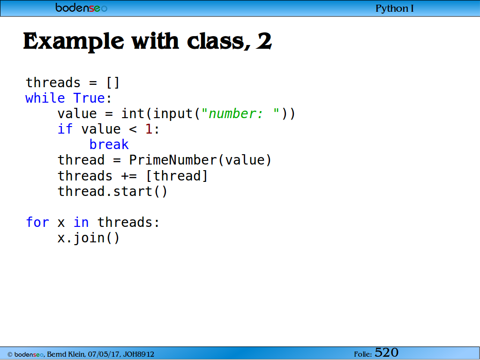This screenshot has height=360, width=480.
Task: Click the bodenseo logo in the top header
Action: click(x=82, y=7)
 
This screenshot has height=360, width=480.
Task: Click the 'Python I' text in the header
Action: click(x=395, y=8)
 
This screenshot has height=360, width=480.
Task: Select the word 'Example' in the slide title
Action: click(x=74, y=42)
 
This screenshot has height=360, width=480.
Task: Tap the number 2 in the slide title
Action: click(x=263, y=41)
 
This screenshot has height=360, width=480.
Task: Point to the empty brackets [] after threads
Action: click(x=112, y=82)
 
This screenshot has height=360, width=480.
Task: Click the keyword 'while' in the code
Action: click(x=45, y=98)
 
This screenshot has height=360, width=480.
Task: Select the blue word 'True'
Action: click(x=89, y=98)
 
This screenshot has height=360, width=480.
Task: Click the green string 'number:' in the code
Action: click(x=235, y=113)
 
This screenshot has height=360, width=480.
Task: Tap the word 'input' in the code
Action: click(x=172, y=113)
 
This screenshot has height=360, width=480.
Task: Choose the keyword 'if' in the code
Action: click(x=65, y=129)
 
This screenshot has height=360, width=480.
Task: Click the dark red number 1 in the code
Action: click(x=149, y=129)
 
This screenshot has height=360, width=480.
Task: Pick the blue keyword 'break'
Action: click(x=109, y=144)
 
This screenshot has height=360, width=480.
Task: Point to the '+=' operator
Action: click(x=129, y=176)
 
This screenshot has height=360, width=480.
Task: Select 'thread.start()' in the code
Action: click(x=112, y=191)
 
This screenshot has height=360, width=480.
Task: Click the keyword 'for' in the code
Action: click(x=37, y=222)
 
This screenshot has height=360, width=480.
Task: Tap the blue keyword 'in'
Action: click(x=81, y=222)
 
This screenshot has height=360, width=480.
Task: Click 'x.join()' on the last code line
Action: click(x=89, y=238)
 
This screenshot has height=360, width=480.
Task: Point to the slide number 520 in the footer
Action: click(x=386, y=352)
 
